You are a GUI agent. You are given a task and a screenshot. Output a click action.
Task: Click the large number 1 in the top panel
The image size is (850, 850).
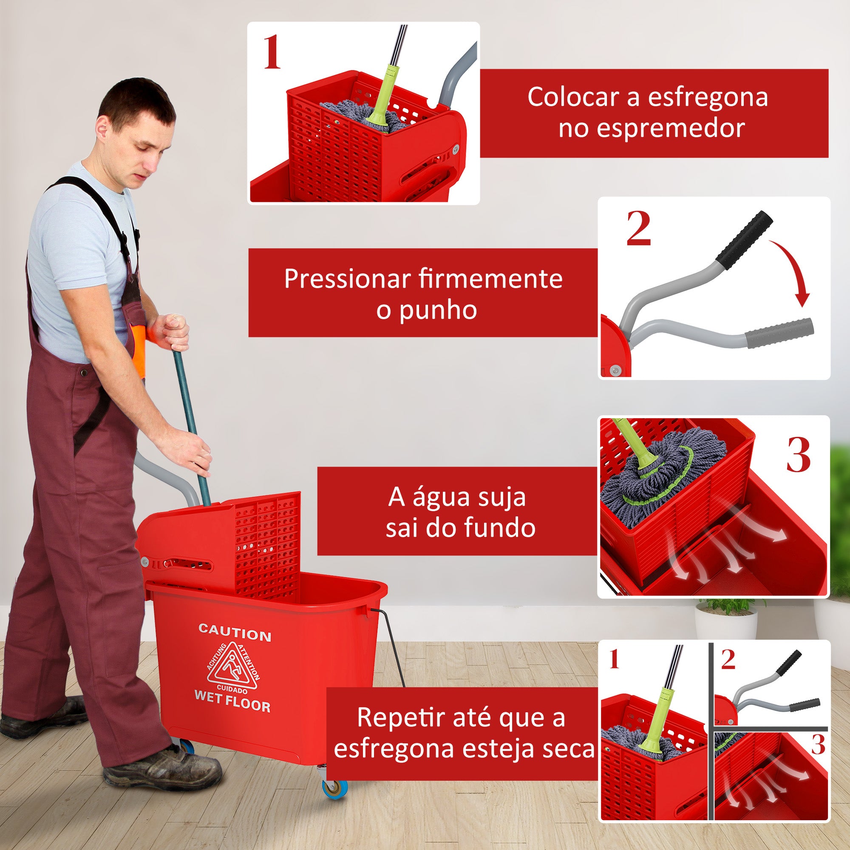272,53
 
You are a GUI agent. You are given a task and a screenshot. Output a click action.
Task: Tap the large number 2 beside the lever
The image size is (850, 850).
638,229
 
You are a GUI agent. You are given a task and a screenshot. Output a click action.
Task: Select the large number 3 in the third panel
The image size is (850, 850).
798,456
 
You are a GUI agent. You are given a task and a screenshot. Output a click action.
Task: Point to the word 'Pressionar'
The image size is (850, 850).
348,279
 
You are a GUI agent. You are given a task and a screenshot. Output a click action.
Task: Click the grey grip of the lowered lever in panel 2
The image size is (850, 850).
779,333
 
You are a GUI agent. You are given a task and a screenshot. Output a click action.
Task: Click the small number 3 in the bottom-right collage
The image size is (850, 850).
818,745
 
